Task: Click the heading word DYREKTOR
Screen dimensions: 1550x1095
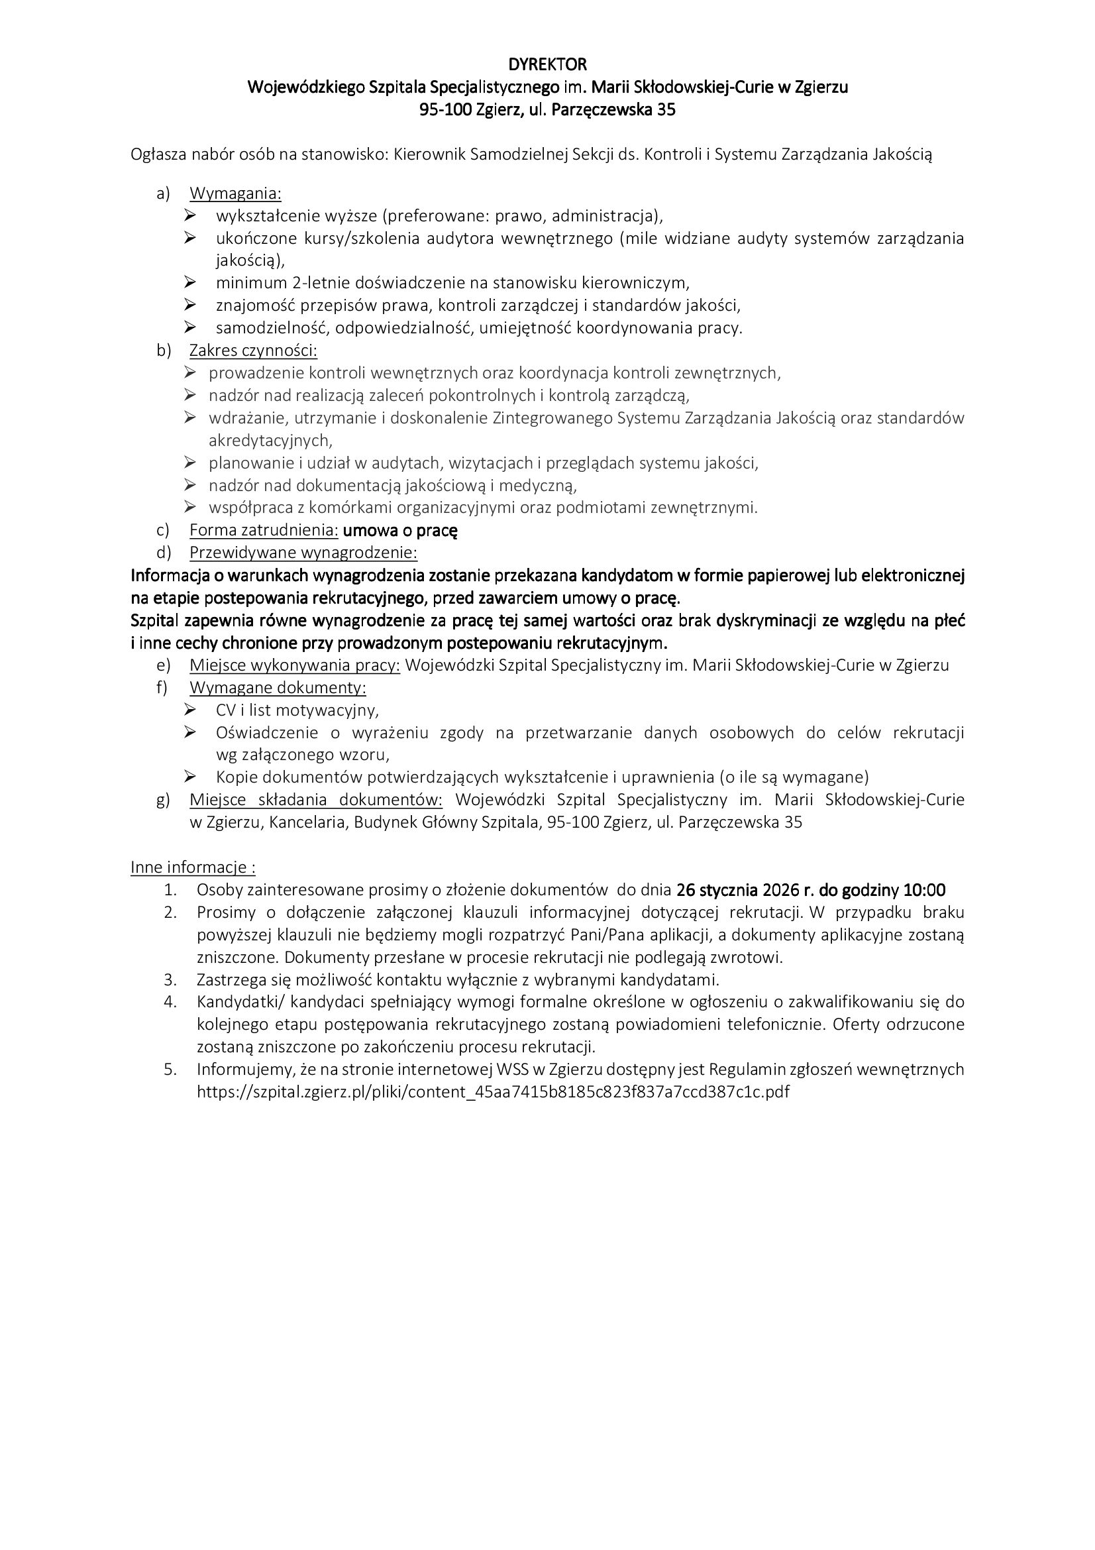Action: [x=547, y=65]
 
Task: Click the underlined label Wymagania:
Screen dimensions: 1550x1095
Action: [x=235, y=194]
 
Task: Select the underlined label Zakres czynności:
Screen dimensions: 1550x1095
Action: [x=253, y=351]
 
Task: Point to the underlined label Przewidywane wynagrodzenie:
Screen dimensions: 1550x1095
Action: [x=303, y=553]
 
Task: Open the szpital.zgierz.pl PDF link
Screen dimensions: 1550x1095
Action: [x=492, y=1091]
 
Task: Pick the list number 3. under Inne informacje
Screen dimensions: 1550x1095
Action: [x=170, y=979]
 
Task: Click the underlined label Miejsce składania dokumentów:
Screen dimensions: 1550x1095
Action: [x=316, y=800]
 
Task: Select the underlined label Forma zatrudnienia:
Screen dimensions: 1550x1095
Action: [x=264, y=531]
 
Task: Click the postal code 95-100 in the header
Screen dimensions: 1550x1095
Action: [x=445, y=110]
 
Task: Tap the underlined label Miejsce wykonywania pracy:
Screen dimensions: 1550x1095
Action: [x=295, y=665]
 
